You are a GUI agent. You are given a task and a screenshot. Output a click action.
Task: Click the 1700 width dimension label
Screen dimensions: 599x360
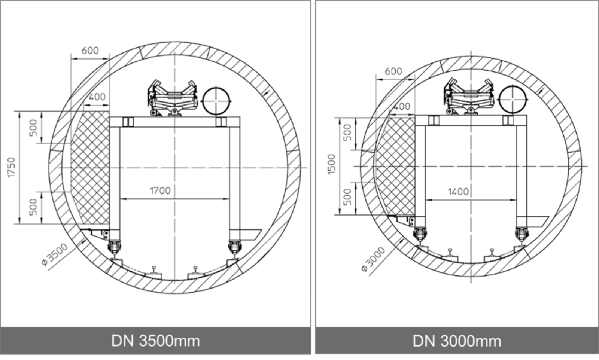pyautogui.click(x=160, y=191)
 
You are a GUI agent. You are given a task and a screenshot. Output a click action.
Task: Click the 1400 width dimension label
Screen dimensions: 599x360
pyautogui.click(x=458, y=192)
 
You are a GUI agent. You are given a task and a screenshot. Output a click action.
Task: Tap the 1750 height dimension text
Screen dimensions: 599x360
pyautogui.click(x=12, y=167)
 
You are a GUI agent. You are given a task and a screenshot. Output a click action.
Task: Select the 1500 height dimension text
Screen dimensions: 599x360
pyautogui.click(x=331, y=164)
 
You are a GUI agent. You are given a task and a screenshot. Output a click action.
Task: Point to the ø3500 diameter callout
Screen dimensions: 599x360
pyautogui.click(x=55, y=255)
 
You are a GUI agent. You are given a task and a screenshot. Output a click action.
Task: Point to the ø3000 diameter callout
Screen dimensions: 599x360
pyautogui.click(x=373, y=259)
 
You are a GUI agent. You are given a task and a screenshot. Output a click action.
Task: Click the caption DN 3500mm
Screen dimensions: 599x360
pyautogui.click(x=155, y=341)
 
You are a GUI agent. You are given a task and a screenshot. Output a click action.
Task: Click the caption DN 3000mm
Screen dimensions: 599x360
pyautogui.click(x=457, y=341)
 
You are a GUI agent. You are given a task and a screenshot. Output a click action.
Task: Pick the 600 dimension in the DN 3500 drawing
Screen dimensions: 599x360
pyautogui.click(x=90, y=51)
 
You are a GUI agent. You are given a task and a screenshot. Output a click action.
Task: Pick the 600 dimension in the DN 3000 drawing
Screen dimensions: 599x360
pyautogui.click(x=393, y=71)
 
